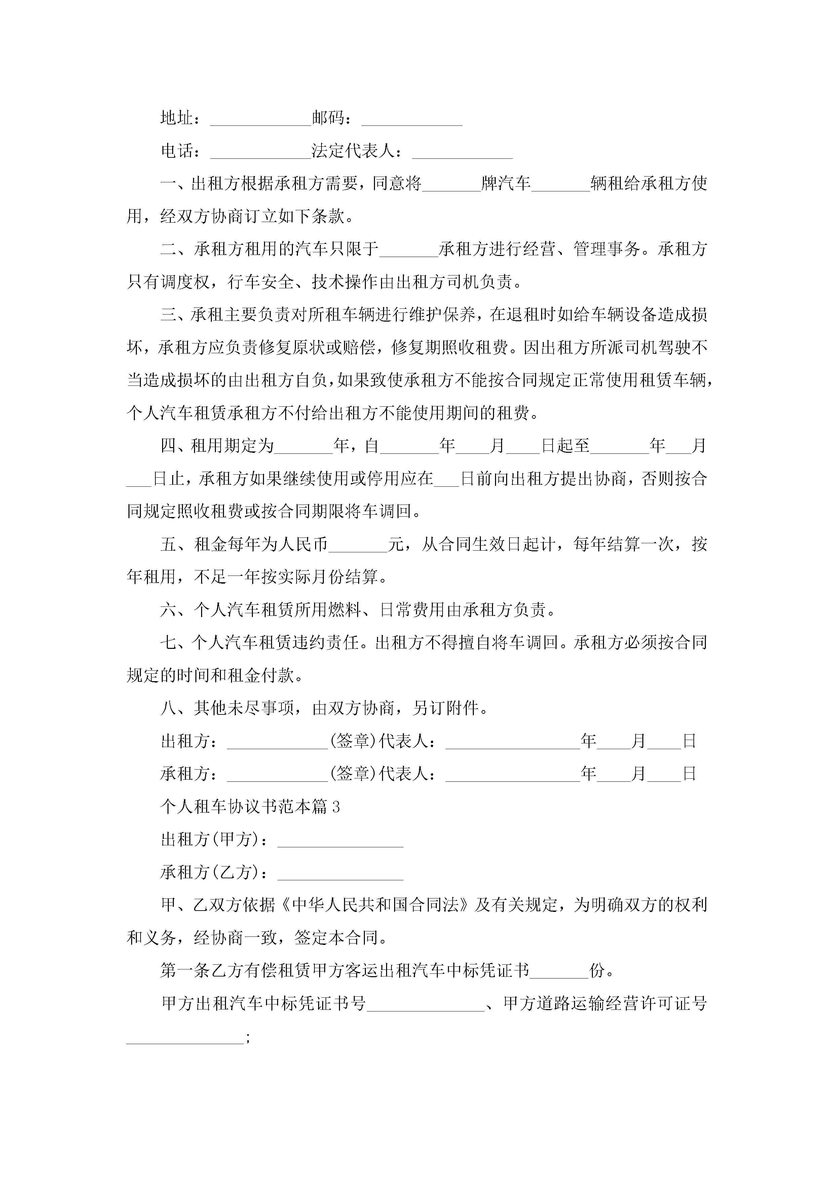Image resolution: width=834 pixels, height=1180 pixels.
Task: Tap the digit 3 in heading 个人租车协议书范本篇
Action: click(336, 807)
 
